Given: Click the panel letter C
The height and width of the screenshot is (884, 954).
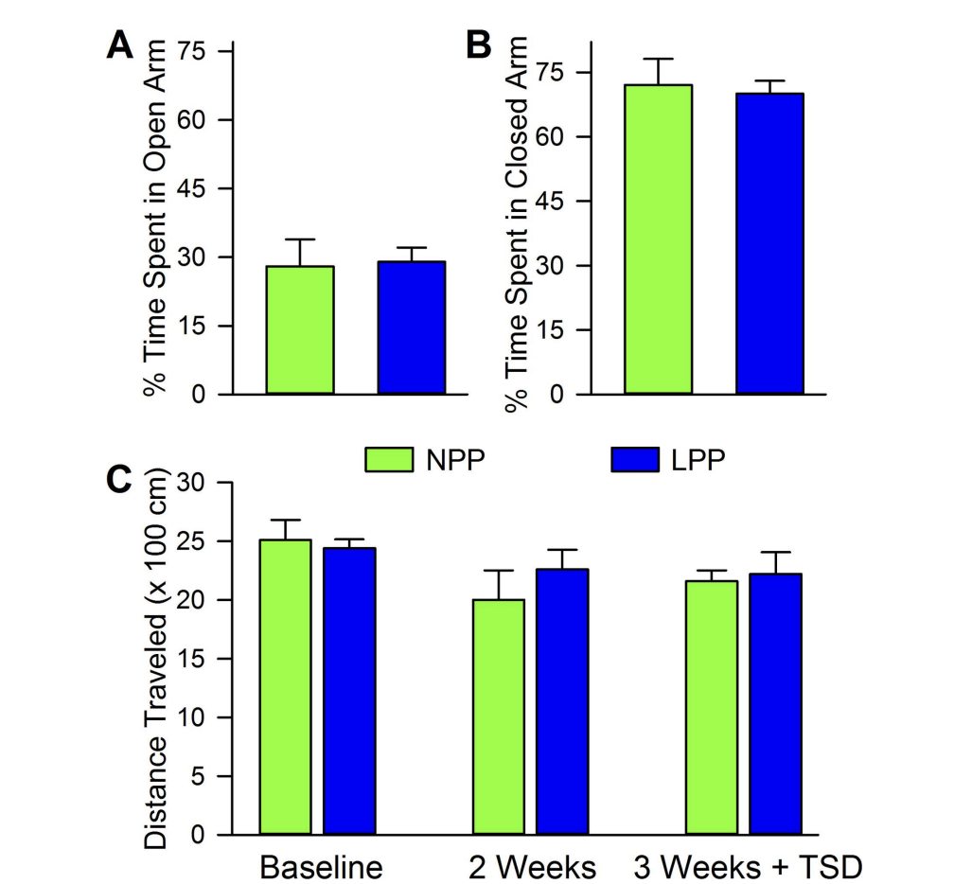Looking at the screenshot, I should (119, 480).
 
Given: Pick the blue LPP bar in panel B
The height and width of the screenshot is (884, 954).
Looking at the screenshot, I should (769, 243).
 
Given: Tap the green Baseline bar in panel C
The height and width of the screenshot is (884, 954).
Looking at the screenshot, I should (285, 687).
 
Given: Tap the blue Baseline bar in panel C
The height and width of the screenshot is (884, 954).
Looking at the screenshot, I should (349, 691).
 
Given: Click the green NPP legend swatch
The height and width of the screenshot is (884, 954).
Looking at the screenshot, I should (389, 459).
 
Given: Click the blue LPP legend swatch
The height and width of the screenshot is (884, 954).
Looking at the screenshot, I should (636, 459).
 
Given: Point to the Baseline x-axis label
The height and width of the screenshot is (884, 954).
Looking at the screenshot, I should (322, 867).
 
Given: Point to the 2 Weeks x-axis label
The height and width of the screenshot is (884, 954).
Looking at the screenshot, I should (532, 867).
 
